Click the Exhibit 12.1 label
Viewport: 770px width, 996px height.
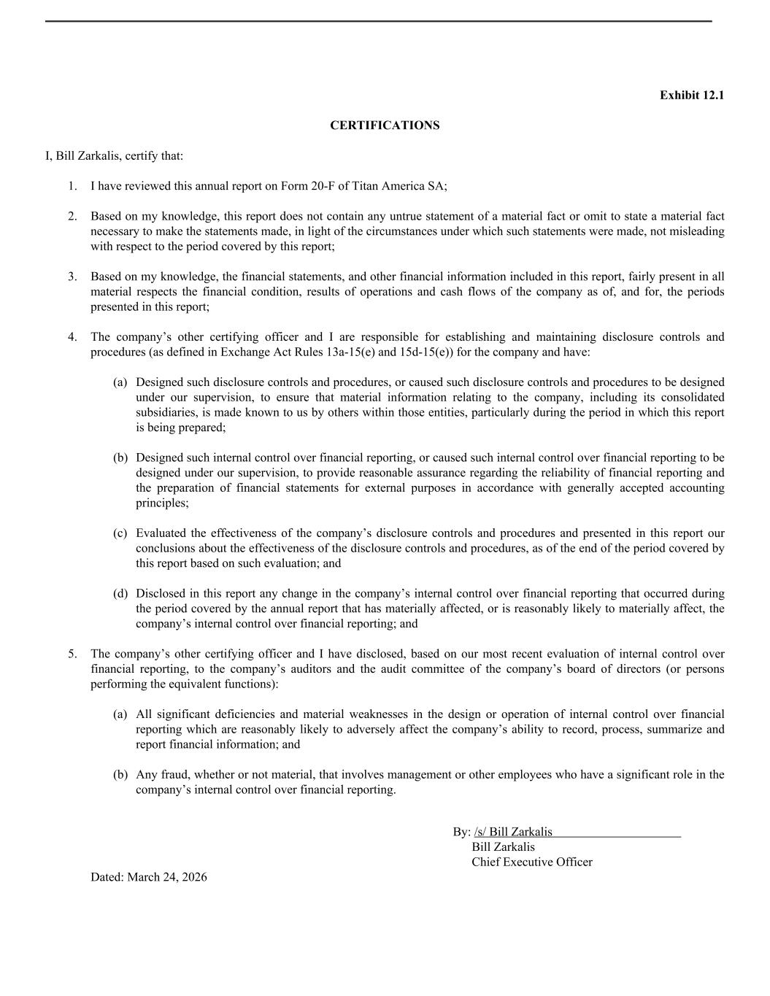click(x=691, y=96)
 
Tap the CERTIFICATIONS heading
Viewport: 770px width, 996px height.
click(x=385, y=126)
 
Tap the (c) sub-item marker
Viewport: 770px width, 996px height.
click(x=120, y=533)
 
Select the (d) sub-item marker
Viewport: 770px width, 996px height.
click(x=120, y=594)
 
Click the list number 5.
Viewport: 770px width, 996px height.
click(x=72, y=655)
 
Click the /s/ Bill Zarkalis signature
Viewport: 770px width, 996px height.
click(x=513, y=833)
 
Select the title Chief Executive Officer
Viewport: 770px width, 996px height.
click(x=532, y=862)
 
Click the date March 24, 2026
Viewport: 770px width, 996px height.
click(x=166, y=877)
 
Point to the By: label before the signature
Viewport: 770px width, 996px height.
click(x=461, y=833)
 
